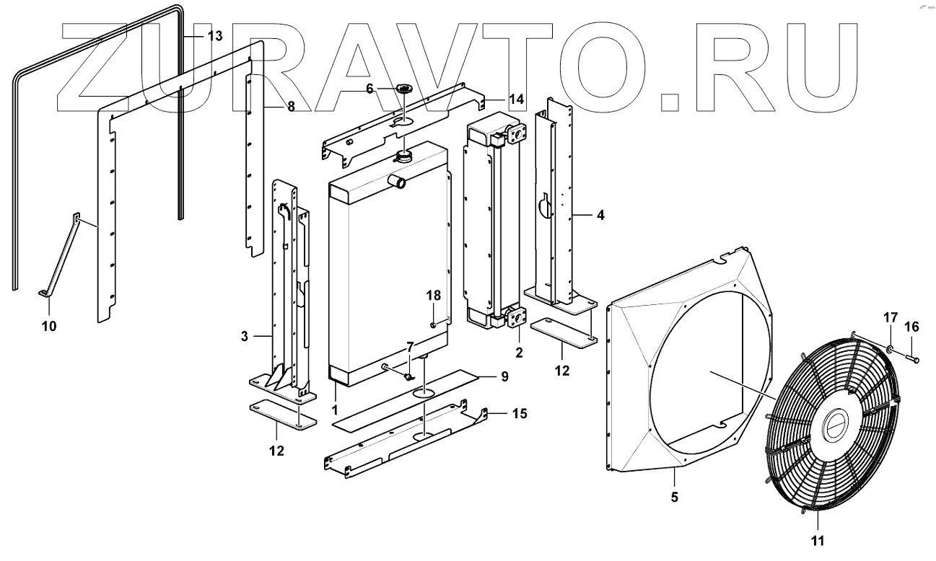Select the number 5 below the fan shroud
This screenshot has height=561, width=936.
pyautogui.click(x=675, y=497)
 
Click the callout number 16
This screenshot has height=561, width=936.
pyautogui.click(x=912, y=327)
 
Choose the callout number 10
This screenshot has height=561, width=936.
pyautogui.click(x=48, y=326)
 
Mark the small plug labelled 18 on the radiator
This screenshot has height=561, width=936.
pyautogui.click(x=433, y=325)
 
